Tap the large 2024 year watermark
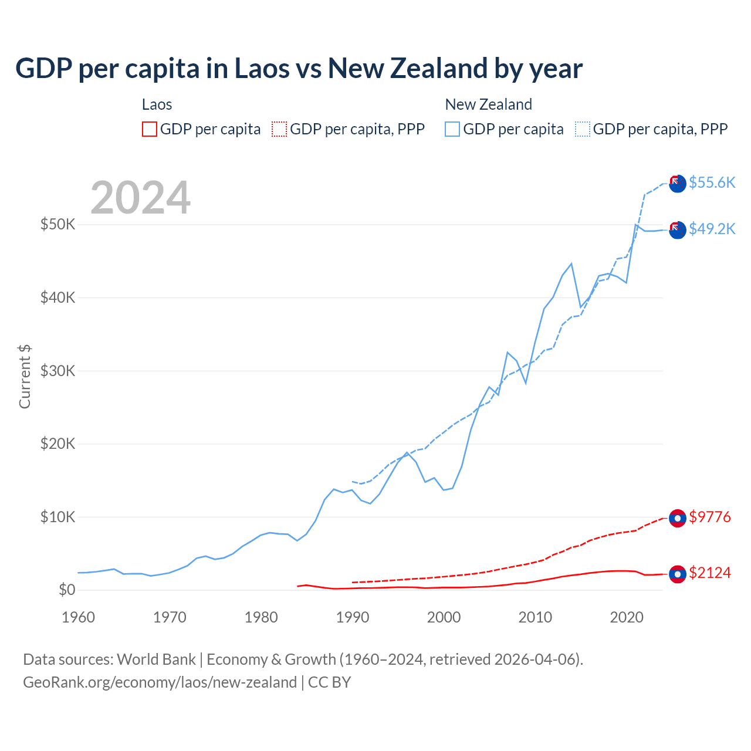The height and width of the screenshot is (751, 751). (x=140, y=198)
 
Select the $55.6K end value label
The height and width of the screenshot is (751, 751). (x=712, y=182)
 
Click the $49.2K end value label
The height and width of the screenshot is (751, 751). (x=712, y=229)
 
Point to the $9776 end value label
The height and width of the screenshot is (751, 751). (x=709, y=517)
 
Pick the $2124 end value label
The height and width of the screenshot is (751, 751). (x=709, y=573)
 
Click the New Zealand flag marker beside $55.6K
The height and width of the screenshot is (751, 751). (x=678, y=184)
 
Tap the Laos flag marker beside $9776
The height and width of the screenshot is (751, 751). (x=678, y=519)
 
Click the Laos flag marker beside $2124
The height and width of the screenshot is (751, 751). (x=678, y=574)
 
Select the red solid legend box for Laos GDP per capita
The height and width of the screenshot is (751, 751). (x=150, y=129)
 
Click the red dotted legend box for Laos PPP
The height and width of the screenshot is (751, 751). (x=279, y=129)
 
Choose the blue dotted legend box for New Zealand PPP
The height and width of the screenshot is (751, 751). (x=583, y=129)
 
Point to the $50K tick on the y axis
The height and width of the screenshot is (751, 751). (x=57, y=224)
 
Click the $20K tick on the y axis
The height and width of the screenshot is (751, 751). (x=57, y=444)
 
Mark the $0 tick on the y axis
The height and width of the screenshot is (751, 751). (x=67, y=590)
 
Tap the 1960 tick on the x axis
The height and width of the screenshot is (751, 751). (x=78, y=617)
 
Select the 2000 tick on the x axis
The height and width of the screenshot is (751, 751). (x=444, y=617)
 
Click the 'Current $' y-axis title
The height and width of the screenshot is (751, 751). (x=25, y=377)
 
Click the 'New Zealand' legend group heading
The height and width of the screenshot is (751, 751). (x=488, y=104)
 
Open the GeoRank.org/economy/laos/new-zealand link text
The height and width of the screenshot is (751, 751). (x=160, y=682)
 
